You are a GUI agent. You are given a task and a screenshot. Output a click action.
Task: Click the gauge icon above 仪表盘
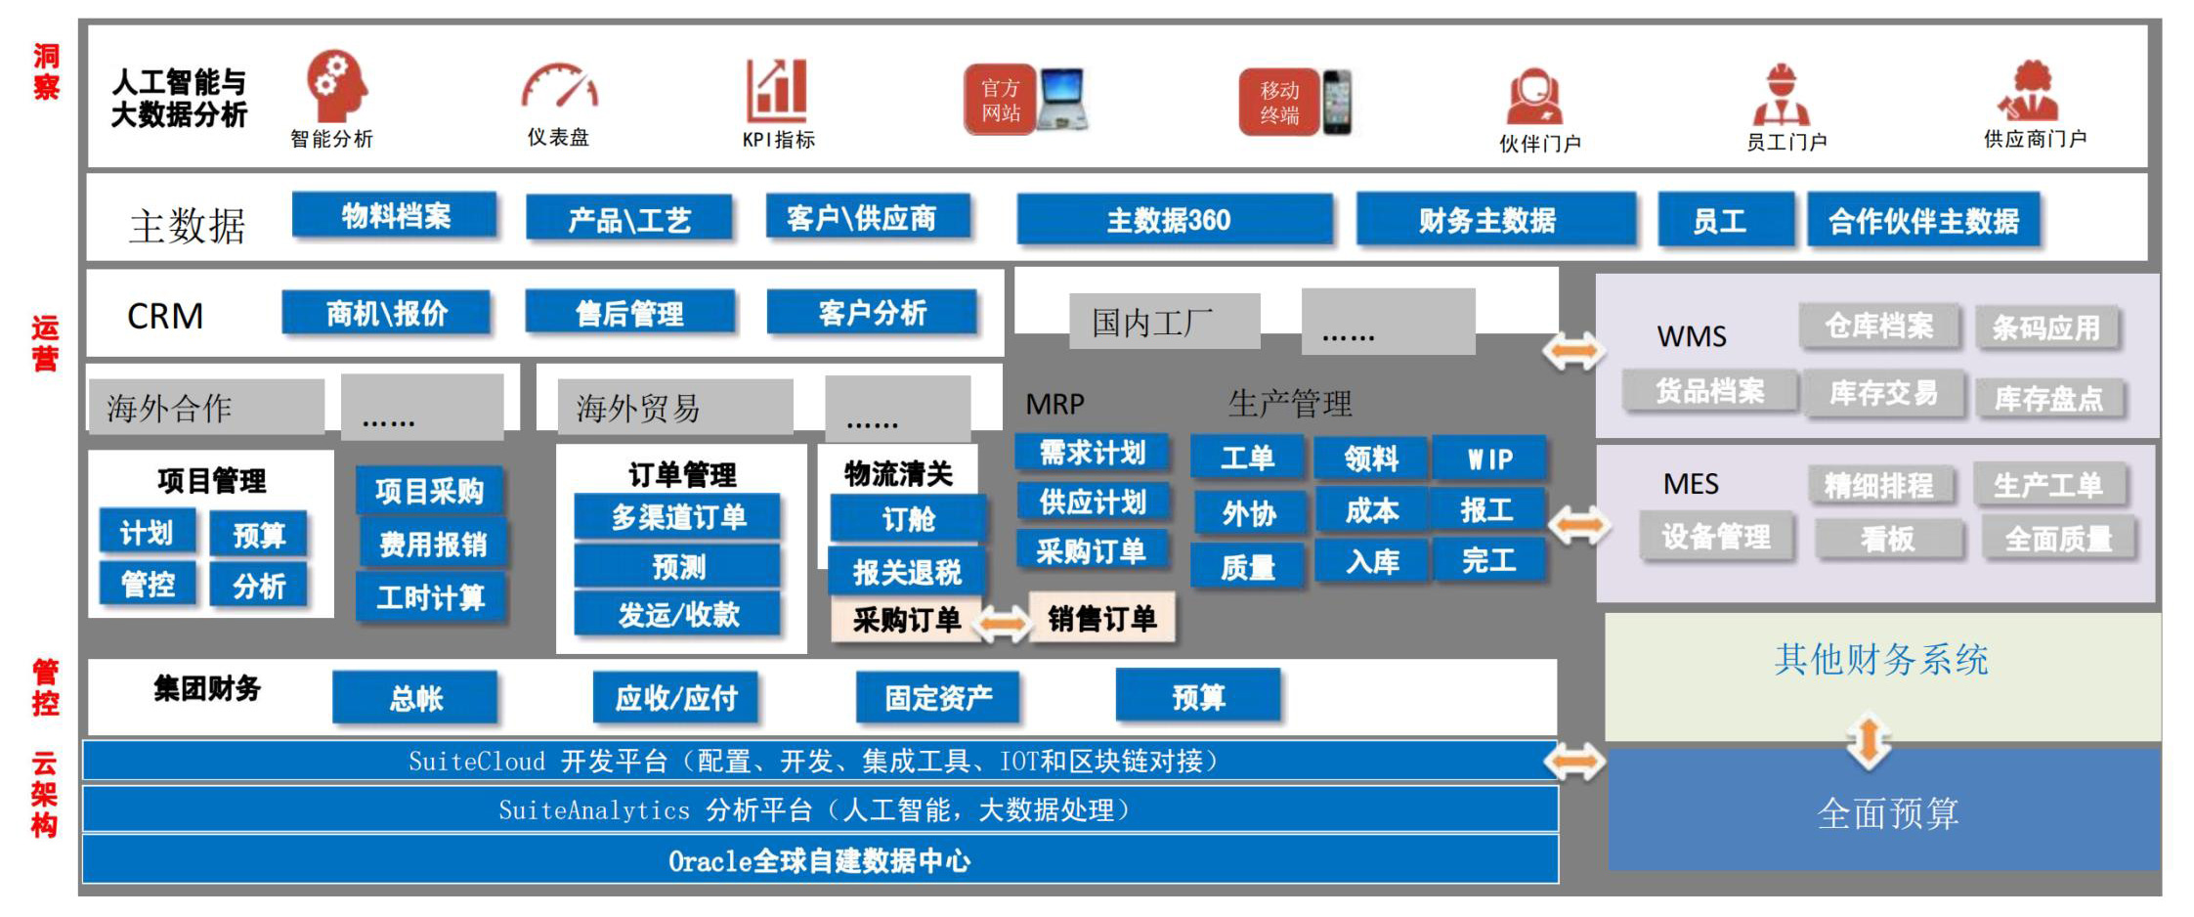click(x=559, y=88)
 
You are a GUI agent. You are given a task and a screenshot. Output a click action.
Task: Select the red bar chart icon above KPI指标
click(x=777, y=91)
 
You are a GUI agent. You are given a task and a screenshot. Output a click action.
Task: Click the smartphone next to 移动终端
click(x=1337, y=102)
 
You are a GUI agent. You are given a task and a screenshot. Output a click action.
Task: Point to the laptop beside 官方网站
click(x=1062, y=99)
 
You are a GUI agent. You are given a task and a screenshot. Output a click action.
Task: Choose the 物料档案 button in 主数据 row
click(x=395, y=216)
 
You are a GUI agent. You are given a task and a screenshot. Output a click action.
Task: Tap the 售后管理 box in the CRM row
click(x=629, y=313)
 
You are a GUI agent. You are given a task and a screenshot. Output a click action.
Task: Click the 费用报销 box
click(x=432, y=544)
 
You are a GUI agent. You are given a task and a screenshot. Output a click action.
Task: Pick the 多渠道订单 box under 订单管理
click(x=678, y=517)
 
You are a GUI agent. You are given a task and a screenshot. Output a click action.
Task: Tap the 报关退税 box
click(x=906, y=571)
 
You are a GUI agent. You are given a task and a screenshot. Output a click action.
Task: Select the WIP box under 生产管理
click(x=1488, y=458)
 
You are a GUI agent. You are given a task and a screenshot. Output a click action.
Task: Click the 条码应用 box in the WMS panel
click(x=2045, y=327)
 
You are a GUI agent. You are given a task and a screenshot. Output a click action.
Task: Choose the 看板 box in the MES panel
click(x=1887, y=539)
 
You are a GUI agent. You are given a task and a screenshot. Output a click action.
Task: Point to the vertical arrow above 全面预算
click(x=1868, y=740)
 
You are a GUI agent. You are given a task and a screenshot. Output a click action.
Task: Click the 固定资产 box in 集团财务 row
click(x=938, y=698)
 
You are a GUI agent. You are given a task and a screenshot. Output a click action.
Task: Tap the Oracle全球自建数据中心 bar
click(x=819, y=860)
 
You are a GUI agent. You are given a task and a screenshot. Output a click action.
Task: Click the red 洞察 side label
click(x=46, y=71)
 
